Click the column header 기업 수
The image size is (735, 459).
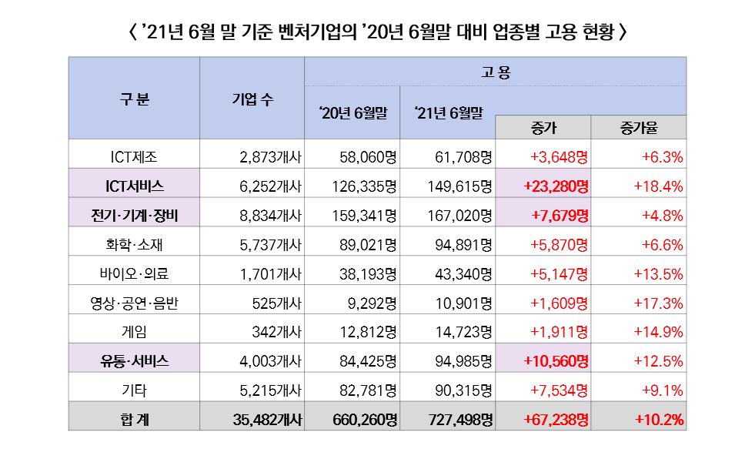pyautogui.click(x=252, y=99)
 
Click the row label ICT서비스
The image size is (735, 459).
pyautogui.click(x=134, y=186)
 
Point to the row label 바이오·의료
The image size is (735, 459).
pyautogui.click(x=134, y=273)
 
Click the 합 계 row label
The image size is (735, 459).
pyautogui.click(x=134, y=420)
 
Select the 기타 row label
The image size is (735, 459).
pyautogui.click(x=134, y=390)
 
